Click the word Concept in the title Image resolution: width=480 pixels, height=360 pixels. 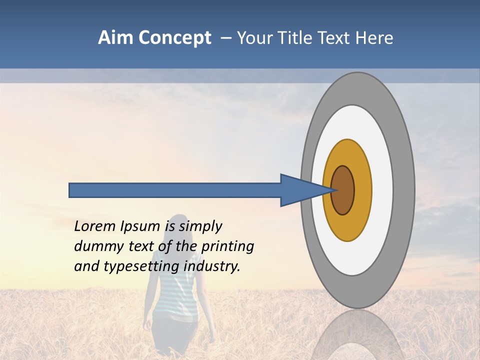[175, 38]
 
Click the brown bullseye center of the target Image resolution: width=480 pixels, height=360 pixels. [342, 190]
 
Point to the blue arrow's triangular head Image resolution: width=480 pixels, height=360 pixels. [302, 190]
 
